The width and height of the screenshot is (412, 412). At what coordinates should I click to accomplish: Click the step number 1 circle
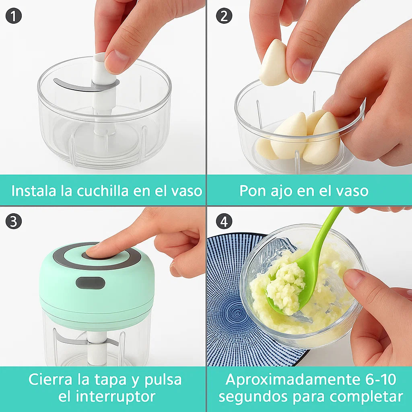pyautogui.click(x=13, y=16)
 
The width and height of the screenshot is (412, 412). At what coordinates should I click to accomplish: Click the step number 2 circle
pyautogui.click(x=224, y=16)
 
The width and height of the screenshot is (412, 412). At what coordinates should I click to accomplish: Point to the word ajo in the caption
pyautogui.click(x=281, y=191)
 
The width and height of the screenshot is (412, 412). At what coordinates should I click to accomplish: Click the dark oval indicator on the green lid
pyautogui.click(x=91, y=283)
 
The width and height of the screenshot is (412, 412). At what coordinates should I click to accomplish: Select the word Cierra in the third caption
pyautogui.click(x=50, y=379)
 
